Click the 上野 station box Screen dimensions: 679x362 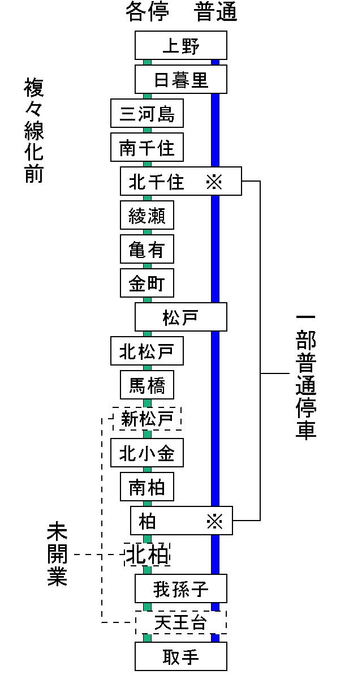180,45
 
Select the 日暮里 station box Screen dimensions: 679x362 180,79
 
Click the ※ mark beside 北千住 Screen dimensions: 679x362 214,182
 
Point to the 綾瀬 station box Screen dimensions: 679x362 146,216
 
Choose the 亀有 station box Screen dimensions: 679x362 146,250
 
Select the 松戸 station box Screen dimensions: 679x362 180,317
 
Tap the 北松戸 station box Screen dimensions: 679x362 146,351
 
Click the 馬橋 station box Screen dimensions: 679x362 146,385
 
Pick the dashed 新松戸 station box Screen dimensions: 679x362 146,419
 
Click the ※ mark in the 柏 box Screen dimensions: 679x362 214,521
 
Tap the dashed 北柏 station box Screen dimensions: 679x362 147,555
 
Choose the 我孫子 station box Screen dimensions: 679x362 180,589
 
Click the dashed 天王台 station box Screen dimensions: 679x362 180,622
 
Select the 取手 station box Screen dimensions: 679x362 180,656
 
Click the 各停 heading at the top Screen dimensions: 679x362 147,12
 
